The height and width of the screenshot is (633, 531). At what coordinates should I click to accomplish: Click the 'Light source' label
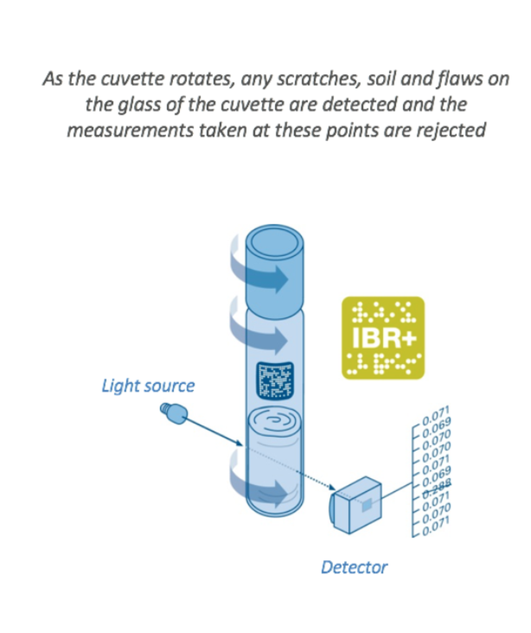pos(148,386)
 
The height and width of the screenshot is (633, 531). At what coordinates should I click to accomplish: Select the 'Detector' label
pos(354,567)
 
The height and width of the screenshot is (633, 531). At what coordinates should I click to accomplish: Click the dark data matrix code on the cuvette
pos(274,380)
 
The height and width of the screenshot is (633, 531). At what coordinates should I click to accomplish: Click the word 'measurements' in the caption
pos(130,131)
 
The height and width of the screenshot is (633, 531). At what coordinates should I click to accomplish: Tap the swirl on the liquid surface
pos(275,420)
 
